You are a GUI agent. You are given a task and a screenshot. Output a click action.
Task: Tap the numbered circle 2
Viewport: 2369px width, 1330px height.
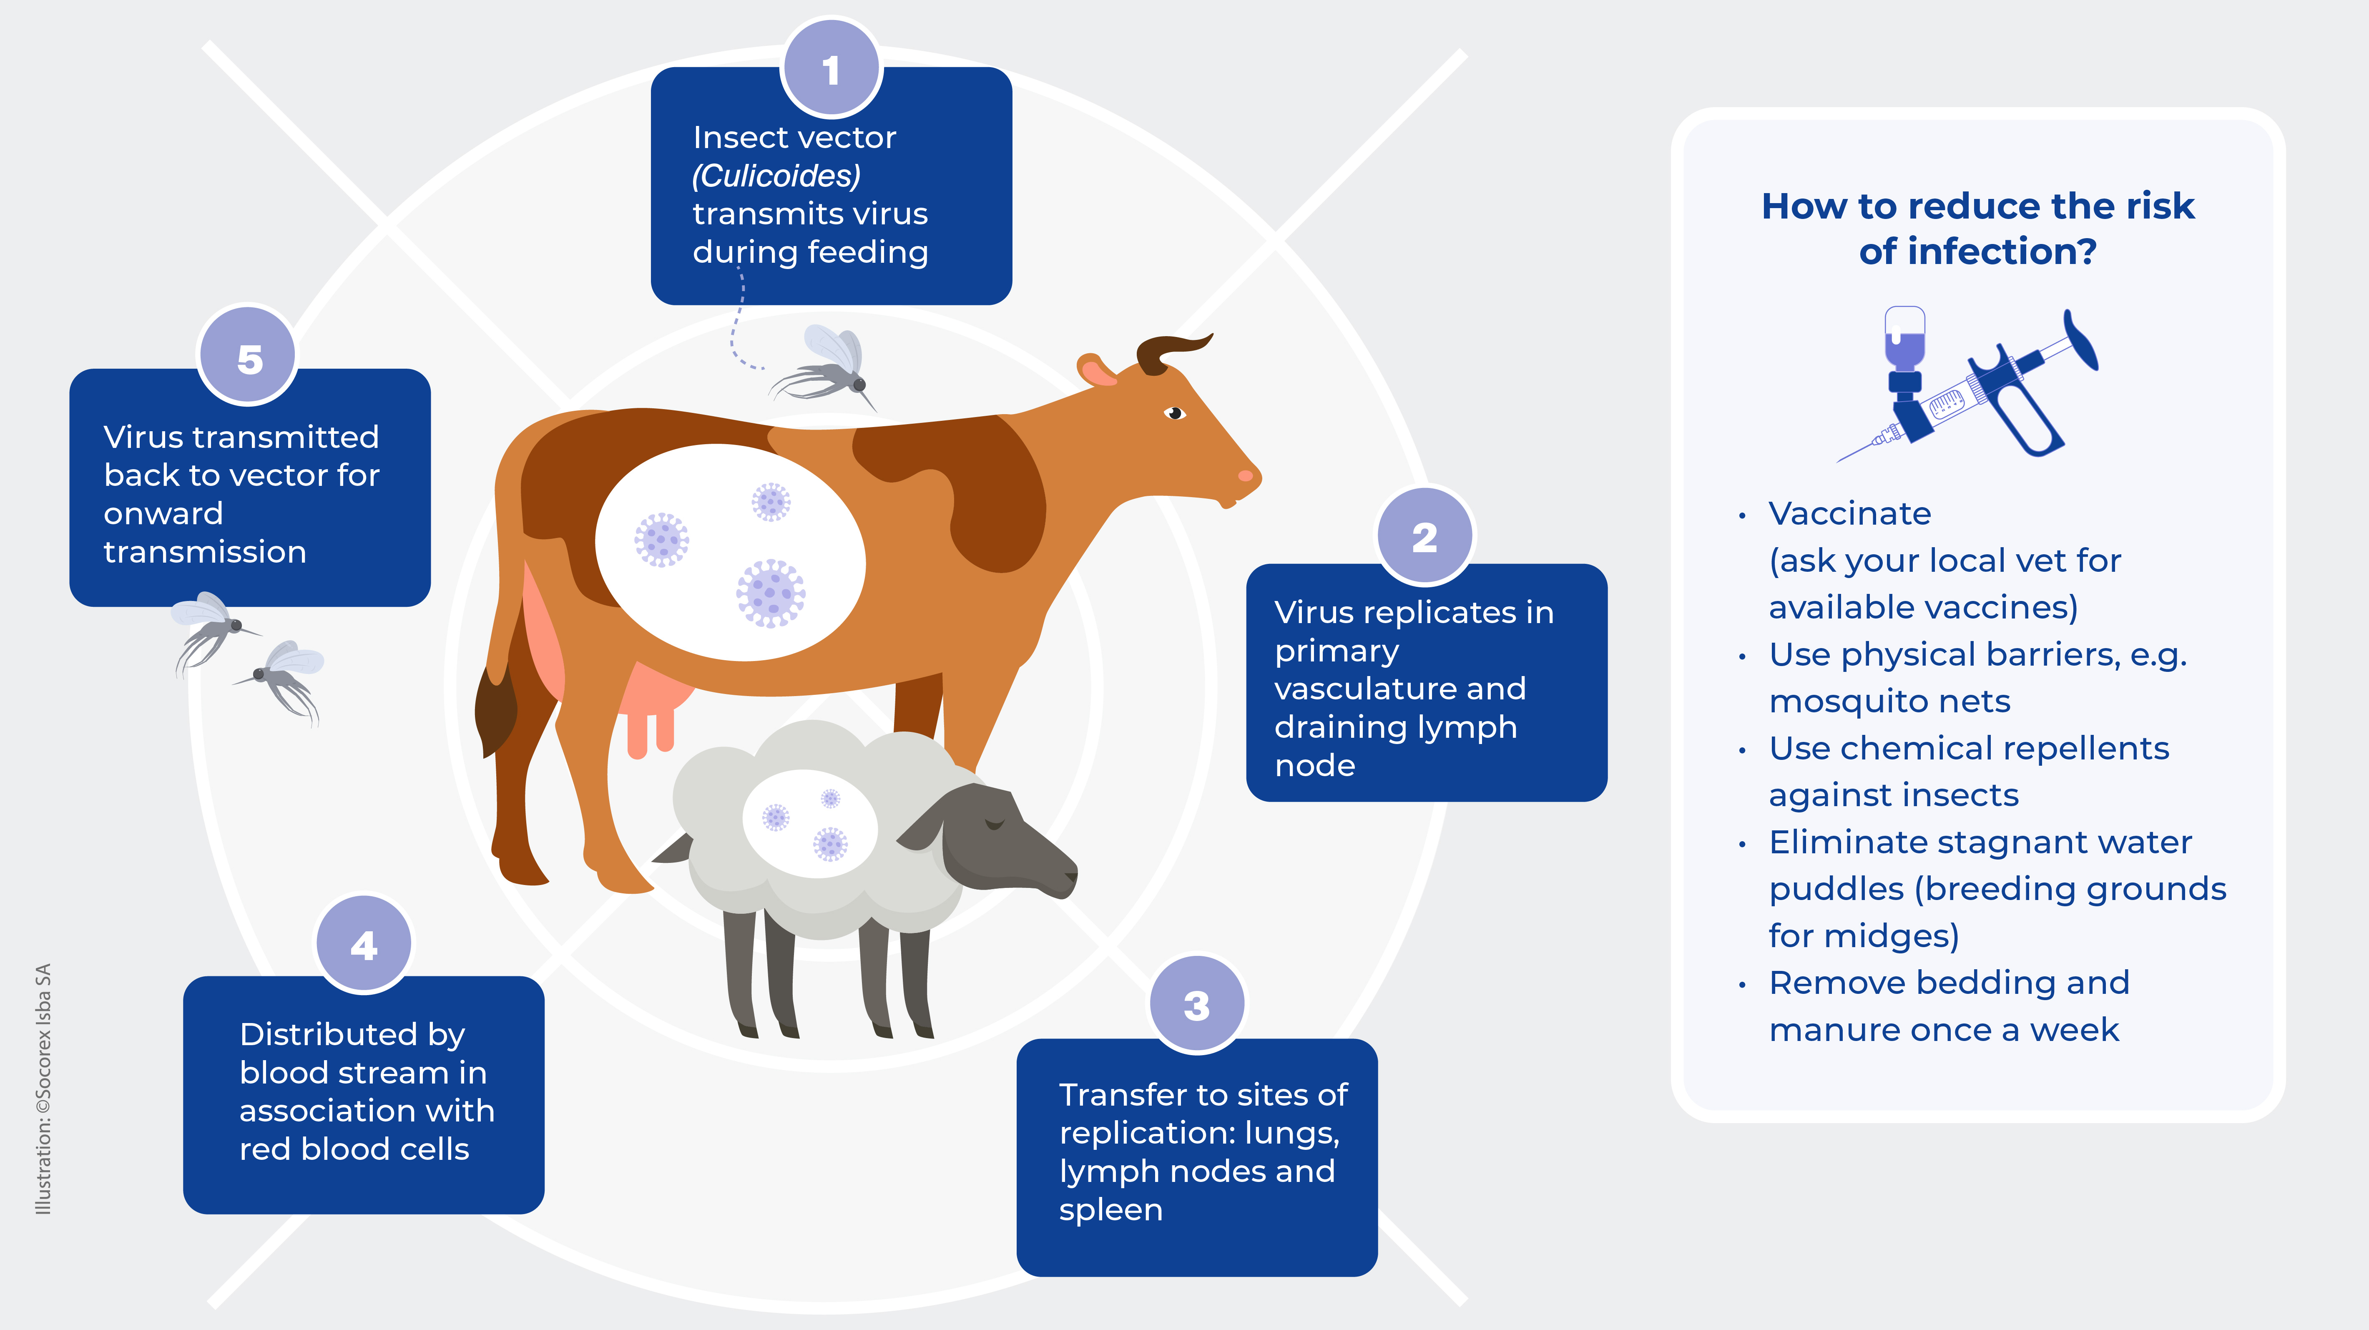pos(1424,536)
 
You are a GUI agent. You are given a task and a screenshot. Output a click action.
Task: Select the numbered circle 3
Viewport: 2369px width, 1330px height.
pos(1196,1004)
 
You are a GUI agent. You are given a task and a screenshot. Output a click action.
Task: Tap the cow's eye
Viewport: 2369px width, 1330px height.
pos(1174,413)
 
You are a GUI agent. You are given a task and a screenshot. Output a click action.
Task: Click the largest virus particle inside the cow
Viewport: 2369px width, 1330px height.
pos(771,593)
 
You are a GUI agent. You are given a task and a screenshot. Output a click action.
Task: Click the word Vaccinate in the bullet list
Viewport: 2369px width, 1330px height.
pos(1849,513)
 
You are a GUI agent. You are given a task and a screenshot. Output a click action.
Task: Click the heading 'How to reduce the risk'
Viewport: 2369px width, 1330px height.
pos(1977,206)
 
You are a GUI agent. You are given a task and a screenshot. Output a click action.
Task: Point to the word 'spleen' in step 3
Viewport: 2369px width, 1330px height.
pos(1110,1209)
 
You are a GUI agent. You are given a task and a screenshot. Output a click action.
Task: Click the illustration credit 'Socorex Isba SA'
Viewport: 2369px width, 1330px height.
pos(43,1039)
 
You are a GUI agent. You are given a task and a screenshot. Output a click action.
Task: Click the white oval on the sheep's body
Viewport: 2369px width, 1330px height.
pos(809,821)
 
